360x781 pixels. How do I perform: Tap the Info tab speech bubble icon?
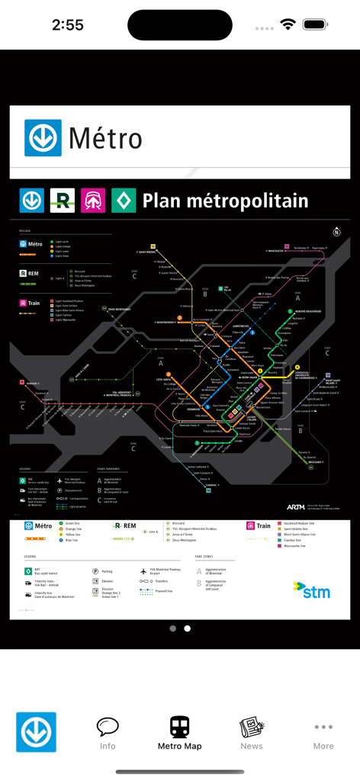pos(108,727)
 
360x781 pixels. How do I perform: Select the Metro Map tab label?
pos(180,746)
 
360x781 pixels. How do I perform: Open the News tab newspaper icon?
pos(251,727)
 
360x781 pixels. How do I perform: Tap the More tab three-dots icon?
pos(323,727)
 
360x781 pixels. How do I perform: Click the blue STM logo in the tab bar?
pos(37,732)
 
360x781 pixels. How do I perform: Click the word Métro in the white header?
pos(105,139)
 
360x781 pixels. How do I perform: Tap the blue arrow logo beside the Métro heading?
pos(43,138)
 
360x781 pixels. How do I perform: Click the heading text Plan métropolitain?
pos(226,201)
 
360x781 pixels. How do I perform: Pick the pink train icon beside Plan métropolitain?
pos(93,201)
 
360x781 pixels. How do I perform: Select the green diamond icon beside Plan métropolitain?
pos(124,201)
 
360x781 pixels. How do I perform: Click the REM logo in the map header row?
pos(63,201)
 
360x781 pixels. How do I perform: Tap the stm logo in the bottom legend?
pos(312,590)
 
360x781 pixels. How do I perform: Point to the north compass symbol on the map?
pos(336,232)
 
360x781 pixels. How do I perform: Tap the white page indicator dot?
pos(188,628)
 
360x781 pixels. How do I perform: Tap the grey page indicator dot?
pos(173,628)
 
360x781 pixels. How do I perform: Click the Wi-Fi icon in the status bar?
pos(288,25)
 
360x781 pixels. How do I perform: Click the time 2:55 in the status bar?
pos(68,25)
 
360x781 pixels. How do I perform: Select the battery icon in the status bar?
pos(315,25)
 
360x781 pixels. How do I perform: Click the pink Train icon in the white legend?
pos(251,525)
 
